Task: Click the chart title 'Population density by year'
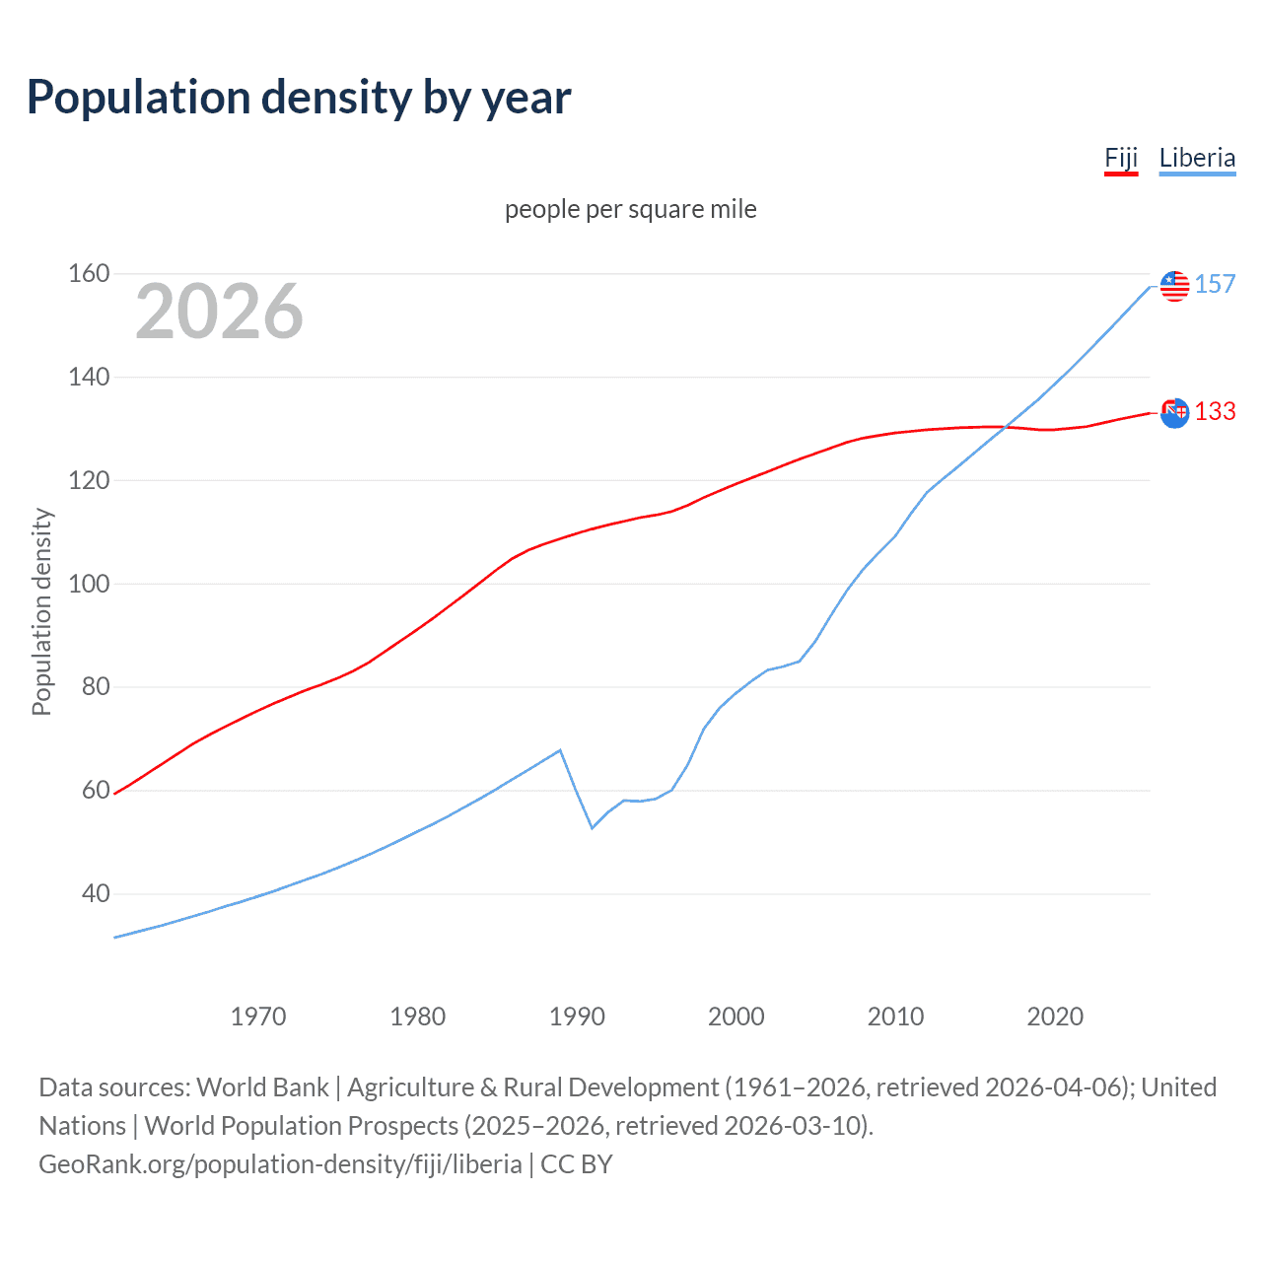pos(299,98)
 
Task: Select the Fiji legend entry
pos(1121,159)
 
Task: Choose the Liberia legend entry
pos(1197,159)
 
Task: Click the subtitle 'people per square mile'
pos(630,209)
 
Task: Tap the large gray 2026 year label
pos(219,312)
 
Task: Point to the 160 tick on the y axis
pos(89,273)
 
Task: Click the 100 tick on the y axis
pos(89,584)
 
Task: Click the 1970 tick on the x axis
pos(258,1017)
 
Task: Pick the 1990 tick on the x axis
pos(577,1017)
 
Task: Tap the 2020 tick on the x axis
pos(1055,1017)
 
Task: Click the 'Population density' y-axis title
pos(41,611)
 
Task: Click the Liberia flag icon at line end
pos(1174,286)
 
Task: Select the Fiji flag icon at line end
pos(1174,413)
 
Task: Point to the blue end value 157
pos(1215,285)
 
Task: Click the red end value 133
pos(1215,412)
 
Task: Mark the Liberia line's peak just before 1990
pos(560,750)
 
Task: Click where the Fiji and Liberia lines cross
pos(1005,427)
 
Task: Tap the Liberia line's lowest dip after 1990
pos(593,827)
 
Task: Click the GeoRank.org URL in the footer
pos(280,1164)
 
